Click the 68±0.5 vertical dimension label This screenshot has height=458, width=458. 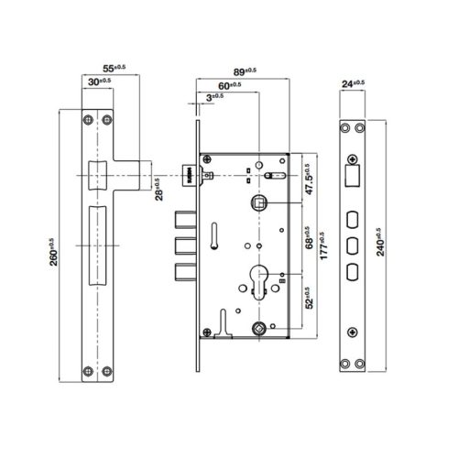pos(306,241)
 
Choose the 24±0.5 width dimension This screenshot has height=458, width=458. pos(353,82)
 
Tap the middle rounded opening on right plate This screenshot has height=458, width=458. pos(353,245)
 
